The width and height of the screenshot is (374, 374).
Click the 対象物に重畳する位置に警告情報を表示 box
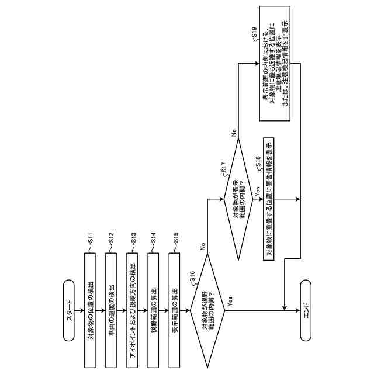pyautogui.click(x=269, y=199)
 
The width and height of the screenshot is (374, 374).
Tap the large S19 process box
pyautogui.click(x=275, y=63)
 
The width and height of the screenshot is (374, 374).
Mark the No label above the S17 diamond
pyautogui.click(x=234, y=133)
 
